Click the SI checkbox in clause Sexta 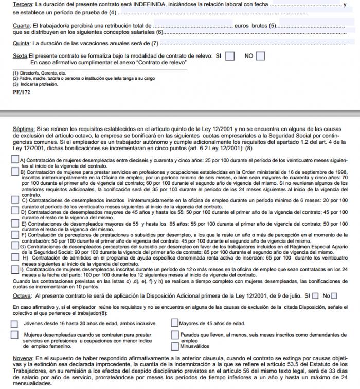point(230,55)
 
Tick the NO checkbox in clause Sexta point(261,55)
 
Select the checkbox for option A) point(14,160)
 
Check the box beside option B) point(14,172)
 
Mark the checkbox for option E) point(14,224)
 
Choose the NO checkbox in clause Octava point(334,295)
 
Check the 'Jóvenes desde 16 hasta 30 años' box point(14,323)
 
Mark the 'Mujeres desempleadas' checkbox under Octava point(14,335)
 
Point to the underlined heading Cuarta point(21,25)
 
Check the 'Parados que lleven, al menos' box point(175,335)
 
